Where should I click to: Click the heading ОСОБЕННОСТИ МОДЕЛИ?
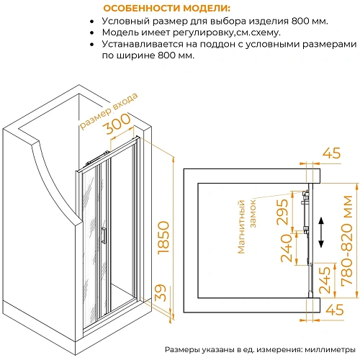coord(166,9)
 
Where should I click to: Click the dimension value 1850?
coord(163,238)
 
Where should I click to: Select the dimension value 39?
coord(161,293)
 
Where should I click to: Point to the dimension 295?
coord(282,212)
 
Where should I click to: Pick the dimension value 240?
coord(287,248)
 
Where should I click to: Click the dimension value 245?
coord(325,280)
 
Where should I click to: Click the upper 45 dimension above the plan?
coord(331,153)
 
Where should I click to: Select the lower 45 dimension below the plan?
coord(335,310)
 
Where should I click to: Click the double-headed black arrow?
coord(321,233)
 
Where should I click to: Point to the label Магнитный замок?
coord(247,226)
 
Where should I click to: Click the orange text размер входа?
coord(109,111)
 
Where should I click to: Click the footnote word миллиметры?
coord(330,349)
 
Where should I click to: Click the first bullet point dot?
coord(91,22)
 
